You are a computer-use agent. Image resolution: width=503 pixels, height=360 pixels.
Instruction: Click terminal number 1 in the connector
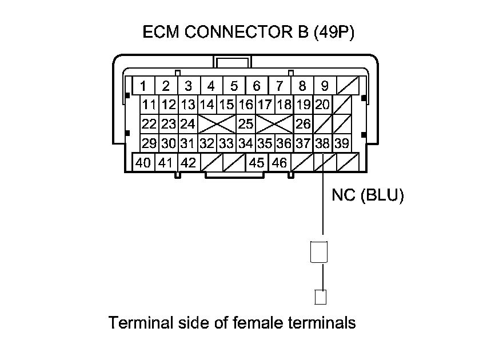[x=143, y=86]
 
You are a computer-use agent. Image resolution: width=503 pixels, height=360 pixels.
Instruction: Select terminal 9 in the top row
[x=324, y=86]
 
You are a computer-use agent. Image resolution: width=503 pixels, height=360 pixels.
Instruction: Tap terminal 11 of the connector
[x=150, y=105]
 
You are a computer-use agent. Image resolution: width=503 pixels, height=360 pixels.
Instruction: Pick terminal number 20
[x=322, y=105]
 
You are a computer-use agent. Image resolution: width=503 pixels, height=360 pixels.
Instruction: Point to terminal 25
[x=246, y=124]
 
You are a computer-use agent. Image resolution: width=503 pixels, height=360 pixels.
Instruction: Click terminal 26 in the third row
[x=304, y=124]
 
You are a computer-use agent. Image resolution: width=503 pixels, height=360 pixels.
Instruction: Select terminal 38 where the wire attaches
[x=323, y=143]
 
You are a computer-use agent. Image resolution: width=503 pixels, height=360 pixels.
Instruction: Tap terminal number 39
[x=342, y=143]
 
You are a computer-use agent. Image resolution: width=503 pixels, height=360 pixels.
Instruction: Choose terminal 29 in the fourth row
[x=150, y=143]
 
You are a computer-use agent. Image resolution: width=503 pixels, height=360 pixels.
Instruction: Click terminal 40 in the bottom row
[x=143, y=163]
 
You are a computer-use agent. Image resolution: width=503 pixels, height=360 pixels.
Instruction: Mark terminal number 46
[x=280, y=163]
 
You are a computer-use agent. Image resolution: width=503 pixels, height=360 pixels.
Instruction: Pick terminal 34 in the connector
[x=246, y=143]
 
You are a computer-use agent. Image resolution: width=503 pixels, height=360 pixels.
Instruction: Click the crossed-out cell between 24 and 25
[x=217, y=124]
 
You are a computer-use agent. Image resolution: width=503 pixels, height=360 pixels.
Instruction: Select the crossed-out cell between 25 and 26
[x=274, y=124]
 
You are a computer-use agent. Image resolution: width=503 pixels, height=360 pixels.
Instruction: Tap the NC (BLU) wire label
[x=368, y=196]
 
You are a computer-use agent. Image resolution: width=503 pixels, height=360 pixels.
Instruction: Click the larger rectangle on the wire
[x=318, y=252]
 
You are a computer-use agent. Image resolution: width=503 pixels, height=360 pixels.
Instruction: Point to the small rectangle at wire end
[x=321, y=297]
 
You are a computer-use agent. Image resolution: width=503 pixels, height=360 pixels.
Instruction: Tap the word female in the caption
[x=261, y=323]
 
